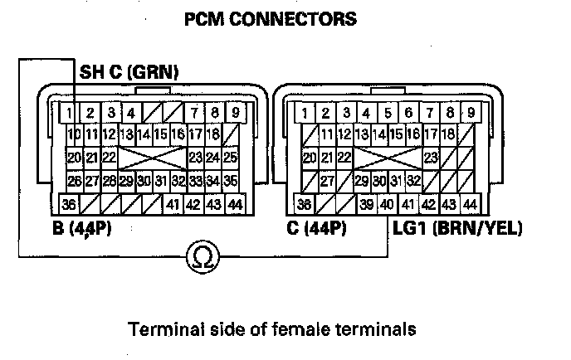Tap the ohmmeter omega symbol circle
point(200,256)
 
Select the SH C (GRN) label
point(128,71)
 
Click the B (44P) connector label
point(87,226)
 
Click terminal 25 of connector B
point(231,157)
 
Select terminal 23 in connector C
point(431,157)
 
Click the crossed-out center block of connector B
point(151,157)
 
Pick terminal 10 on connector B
point(73,134)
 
